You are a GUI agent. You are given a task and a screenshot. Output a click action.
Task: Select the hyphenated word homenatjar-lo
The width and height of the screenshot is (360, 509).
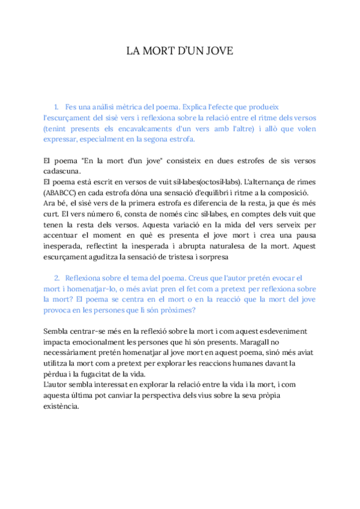[x=82, y=289]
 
